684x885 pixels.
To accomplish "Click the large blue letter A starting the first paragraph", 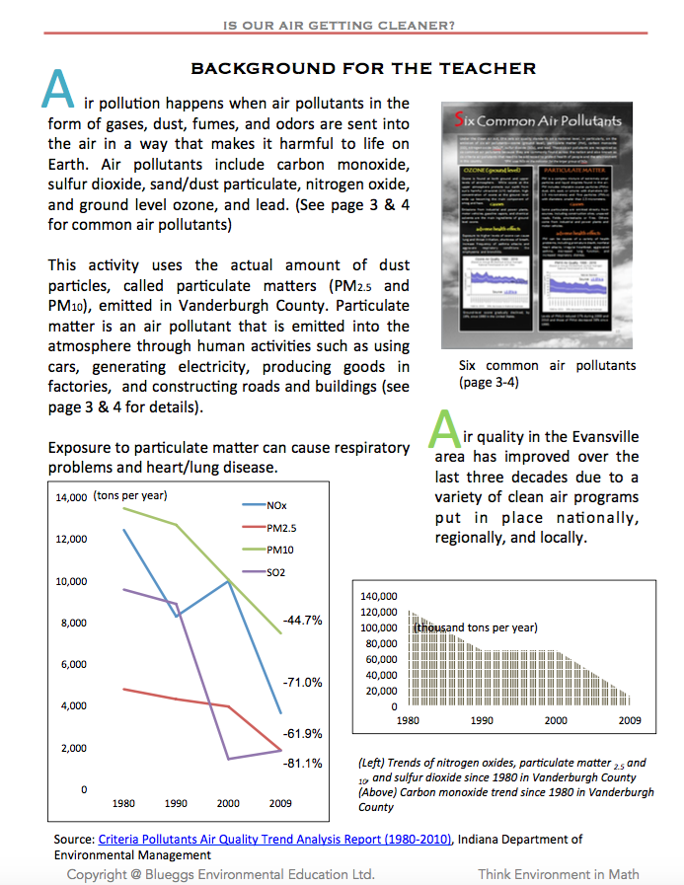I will coord(59,90).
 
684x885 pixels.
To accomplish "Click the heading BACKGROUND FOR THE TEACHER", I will coord(362,68).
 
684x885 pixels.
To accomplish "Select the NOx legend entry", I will coord(275,505).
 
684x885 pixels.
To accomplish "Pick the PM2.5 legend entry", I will coord(280,528).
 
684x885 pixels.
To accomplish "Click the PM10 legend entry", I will coord(279,550).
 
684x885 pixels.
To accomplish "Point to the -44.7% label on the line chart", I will coord(302,621).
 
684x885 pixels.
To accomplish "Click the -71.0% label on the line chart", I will coord(302,683).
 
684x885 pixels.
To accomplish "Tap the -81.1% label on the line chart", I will coord(302,764).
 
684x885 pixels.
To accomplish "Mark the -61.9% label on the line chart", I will coord(302,734).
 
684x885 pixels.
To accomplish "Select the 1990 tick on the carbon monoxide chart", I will coord(482,721).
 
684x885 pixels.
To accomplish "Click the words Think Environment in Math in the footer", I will coord(559,874).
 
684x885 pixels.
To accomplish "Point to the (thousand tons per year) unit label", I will coord(476,627).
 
